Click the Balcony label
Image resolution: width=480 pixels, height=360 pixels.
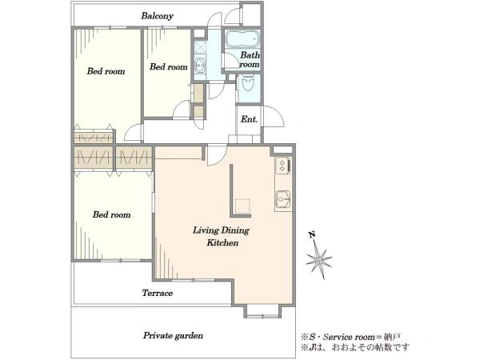point(157,16)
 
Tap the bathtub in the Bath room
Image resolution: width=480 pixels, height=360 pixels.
point(242,39)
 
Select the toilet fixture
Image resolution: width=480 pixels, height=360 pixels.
point(247,82)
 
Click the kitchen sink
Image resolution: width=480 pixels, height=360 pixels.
point(283,199)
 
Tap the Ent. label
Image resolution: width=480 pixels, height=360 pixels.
point(249,118)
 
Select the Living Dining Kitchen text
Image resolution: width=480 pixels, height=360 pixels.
point(221,236)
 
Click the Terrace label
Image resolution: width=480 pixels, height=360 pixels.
point(157,293)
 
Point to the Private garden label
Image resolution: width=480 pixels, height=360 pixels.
point(173,335)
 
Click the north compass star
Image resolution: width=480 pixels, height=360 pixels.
point(319,260)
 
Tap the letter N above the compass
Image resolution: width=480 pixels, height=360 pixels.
point(312,234)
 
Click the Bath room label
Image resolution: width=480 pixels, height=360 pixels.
point(250,60)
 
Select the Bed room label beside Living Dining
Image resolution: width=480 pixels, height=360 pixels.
point(111,214)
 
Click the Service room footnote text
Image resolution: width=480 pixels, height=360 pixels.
point(351,337)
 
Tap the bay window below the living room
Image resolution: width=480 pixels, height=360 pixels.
point(262,311)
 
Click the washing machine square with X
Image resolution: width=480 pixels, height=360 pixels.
point(200,47)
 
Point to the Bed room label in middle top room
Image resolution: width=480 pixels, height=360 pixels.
point(168,66)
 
